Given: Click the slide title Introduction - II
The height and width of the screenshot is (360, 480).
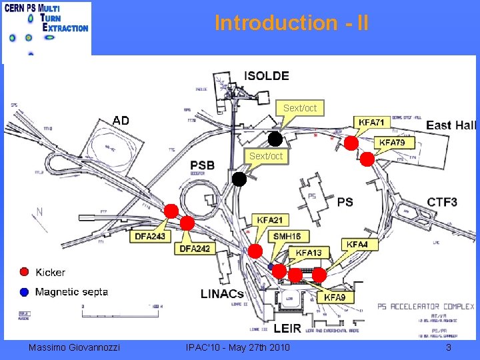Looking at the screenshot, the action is point(291,23).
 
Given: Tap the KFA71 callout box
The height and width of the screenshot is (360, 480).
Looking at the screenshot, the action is point(371,123).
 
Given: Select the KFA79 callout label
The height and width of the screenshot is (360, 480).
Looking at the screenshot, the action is point(396,143).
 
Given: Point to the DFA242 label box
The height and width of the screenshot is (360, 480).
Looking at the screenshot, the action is point(195,249).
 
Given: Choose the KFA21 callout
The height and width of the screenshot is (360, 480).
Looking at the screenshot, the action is point(270,221).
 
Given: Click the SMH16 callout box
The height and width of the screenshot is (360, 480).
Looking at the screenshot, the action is point(287,236).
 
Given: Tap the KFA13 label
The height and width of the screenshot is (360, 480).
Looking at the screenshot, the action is point(309,253).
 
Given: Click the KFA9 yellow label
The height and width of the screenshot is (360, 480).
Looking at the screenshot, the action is point(335,297).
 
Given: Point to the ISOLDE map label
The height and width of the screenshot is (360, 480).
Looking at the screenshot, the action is point(267,76).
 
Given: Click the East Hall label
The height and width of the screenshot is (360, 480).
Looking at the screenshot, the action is point(451,125).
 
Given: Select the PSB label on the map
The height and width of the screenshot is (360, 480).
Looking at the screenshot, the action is point(203,165).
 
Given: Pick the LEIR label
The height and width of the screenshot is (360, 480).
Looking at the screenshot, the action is point(287,329).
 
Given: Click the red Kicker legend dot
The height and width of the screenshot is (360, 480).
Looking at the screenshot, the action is point(25,271).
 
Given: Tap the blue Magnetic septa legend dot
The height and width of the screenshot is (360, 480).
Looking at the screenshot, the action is point(25,291).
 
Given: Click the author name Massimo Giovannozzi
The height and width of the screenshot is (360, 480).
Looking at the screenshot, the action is point(75,347).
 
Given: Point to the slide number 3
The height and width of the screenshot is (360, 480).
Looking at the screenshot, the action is point(449,347).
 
